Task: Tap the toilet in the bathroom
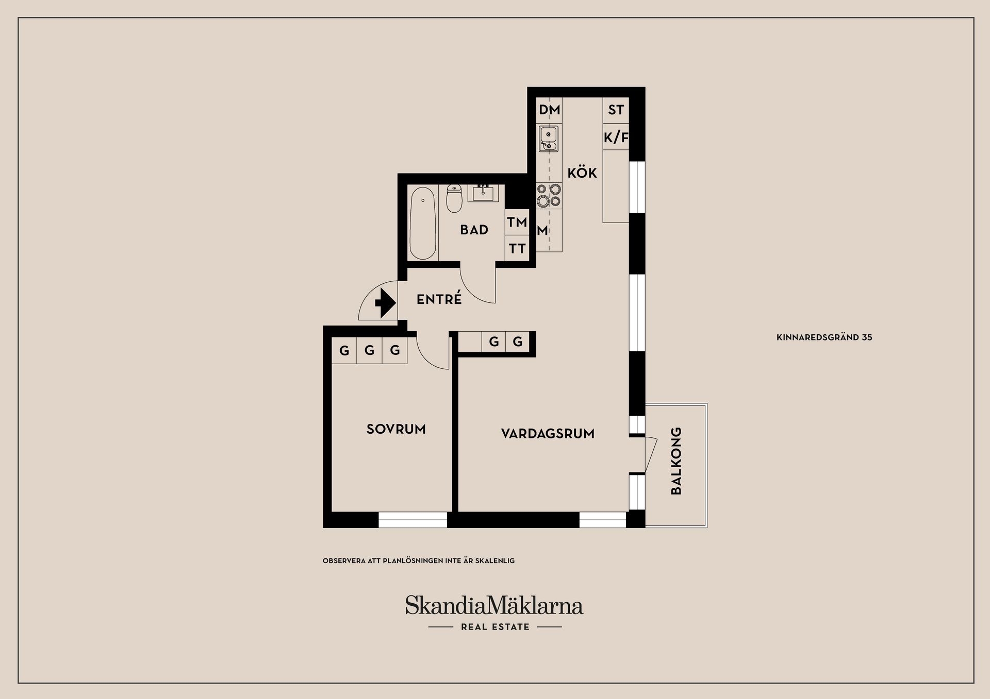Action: tap(454, 199)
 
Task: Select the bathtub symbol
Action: tap(422, 223)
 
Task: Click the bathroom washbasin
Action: tap(483, 194)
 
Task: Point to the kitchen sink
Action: tap(548, 139)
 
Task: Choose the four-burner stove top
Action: tap(549, 195)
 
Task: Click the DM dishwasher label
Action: tap(549, 110)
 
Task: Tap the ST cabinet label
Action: tap(616, 110)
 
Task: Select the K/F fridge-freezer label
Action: tap(616, 138)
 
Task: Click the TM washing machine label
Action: tap(517, 222)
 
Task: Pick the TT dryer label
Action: tap(517, 249)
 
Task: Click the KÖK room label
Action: tap(582, 173)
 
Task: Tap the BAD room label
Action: tap(474, 230)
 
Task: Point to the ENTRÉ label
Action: tap(439, 299)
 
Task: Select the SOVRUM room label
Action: tap(396, 429)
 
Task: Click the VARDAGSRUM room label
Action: tap(548, 434)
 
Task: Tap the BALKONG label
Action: tap(676, 461)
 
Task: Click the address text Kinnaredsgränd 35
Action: tap(824, 337)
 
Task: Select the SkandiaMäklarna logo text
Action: tap(494, 606)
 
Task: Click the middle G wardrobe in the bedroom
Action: tap(369, 351)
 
